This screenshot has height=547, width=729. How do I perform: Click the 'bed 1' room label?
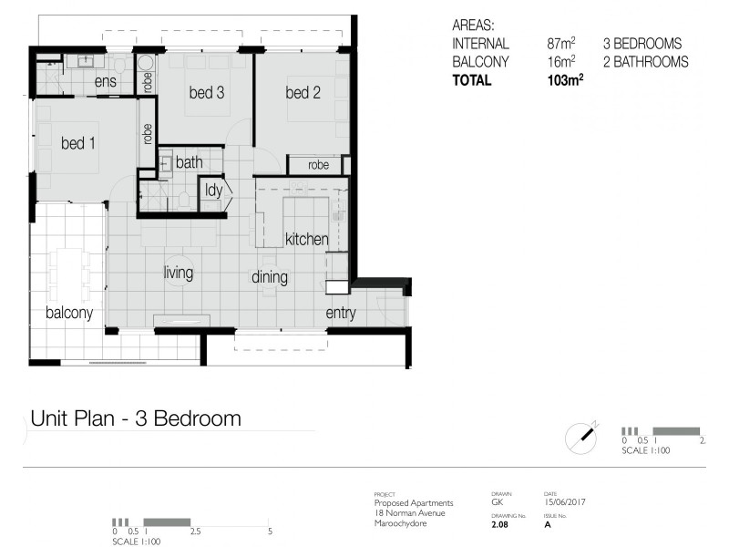point(78,143)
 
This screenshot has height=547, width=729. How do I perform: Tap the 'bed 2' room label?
point(303,92)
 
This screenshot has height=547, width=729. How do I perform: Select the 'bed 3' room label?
point(207,92)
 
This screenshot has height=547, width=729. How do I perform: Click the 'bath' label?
point(190,162)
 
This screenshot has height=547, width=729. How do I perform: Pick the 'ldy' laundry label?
point(214,191)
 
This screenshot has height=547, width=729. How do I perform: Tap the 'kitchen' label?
point(306,239)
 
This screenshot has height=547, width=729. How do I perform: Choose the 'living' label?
point(178,272)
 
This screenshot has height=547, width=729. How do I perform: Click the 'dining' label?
point(270,277)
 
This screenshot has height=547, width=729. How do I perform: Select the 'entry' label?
point(341,314)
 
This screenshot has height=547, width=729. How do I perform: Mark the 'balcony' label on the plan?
point(69,313)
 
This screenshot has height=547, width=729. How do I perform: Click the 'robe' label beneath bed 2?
point(318,165)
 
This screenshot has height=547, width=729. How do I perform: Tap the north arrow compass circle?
point(580,439)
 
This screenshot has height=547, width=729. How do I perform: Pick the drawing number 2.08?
point(500,525)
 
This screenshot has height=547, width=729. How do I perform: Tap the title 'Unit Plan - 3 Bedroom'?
point(136,418)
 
